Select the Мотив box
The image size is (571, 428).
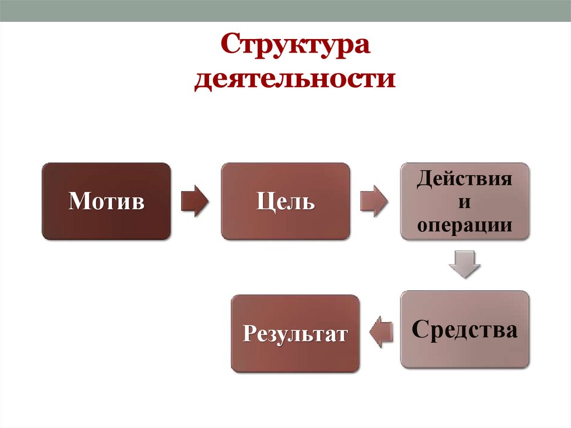(x=106, y=201)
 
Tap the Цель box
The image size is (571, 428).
(x=285, y=201)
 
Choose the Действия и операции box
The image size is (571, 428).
(x=464, y=201)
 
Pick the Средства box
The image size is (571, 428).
(x=464, y=329)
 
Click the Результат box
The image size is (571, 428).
(x=295, y=334)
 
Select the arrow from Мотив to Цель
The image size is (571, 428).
(x=195, y=201)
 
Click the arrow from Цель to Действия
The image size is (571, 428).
(x=374, y=201)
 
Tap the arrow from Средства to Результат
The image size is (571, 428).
(x=381, y=333)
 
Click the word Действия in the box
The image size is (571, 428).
(x=464, y=179)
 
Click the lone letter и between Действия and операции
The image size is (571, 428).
(x=463, y=201)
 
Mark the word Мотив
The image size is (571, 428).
(x=106, y=201)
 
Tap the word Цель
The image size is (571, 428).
(x=285, y=201)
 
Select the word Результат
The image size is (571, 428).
(x=295, y=334)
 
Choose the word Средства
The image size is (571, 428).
(x=464, y=329)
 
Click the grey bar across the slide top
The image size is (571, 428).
(x=285, y=11)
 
